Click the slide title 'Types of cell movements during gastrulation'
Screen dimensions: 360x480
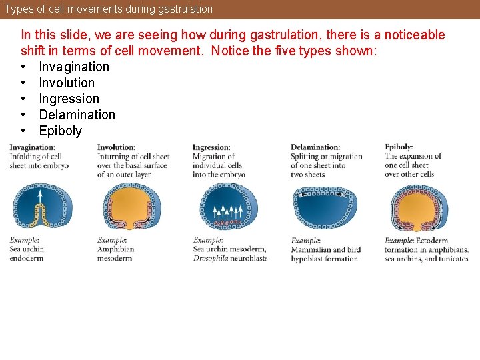109,9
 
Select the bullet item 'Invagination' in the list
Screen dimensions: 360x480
74,67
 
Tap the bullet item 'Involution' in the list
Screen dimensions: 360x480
67,83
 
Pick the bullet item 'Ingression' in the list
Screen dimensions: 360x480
69,99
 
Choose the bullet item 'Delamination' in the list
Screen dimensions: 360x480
77,115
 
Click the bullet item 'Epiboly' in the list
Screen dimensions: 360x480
60,131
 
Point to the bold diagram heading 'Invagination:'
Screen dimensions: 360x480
32,147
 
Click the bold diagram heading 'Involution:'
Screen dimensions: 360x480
116,147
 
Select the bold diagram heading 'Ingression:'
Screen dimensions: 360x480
211,147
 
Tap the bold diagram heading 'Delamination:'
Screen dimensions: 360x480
315,147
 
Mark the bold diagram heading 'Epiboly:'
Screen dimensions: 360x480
399,147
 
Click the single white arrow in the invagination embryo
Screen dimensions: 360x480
39,196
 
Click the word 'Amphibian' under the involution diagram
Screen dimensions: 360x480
115,249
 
